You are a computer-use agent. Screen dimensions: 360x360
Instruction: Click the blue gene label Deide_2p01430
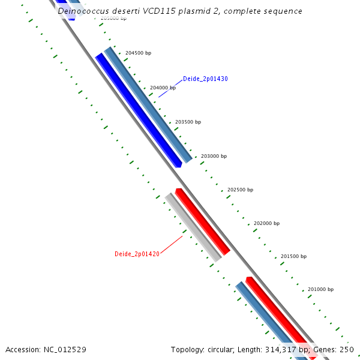205,79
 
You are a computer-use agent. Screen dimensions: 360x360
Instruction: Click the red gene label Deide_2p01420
137,254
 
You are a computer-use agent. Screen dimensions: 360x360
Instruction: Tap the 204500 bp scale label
138,53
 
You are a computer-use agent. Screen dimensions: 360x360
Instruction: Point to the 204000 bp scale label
163,88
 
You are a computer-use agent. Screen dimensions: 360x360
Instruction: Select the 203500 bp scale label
188,122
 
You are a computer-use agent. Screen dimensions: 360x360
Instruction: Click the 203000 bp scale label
214,156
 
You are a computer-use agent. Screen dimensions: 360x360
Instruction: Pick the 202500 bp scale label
240,190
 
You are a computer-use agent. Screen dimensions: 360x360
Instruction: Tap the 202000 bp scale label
266,223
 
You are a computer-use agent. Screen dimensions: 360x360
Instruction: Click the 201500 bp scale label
293,256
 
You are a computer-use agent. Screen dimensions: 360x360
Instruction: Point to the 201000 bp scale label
320,289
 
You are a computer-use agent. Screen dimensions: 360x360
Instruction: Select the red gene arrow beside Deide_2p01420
203,221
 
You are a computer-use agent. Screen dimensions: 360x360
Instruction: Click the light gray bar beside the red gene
193,227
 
